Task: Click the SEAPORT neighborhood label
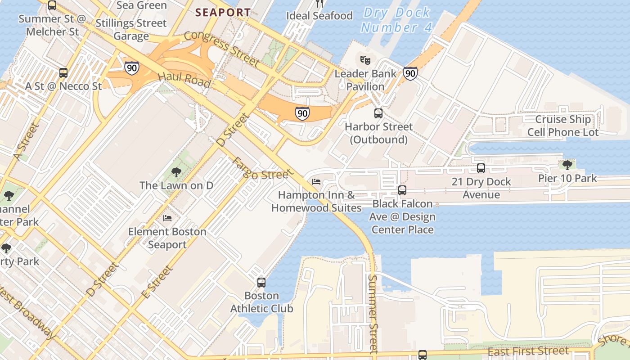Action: [223, 13]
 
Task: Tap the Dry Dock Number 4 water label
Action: [396, 20]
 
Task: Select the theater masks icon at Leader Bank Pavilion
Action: [365, 59]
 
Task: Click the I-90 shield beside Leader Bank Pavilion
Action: [410, 73]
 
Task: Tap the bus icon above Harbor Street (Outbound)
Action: [378, 113]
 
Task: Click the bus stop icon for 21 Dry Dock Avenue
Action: [481, 168]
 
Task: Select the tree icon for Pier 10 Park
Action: [567, 165]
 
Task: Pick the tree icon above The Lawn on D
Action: [176, 172]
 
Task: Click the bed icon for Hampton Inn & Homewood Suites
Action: [316, 182]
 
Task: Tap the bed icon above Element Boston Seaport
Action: [167, 218]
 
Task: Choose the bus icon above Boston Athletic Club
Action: [261, 283]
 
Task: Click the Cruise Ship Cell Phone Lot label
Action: [562, 126]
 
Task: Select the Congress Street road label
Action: [221, 48]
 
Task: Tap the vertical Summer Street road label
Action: [373, 313]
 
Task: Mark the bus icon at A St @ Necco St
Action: [63, 72]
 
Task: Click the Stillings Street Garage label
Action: [131, 29]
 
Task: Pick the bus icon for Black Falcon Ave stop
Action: [402, 190]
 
